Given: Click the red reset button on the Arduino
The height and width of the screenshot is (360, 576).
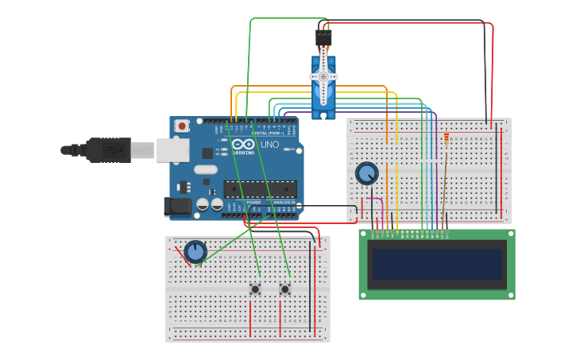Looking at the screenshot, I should [x=182, y=126].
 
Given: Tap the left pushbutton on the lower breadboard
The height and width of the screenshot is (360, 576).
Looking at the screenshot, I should [x=255, y=289].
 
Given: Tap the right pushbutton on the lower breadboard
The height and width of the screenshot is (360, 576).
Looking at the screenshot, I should [x=284, y=289].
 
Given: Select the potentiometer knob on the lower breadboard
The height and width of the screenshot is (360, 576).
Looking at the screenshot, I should [x=195, y=252].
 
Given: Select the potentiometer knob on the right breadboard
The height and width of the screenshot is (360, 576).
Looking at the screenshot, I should [x=366, y=173].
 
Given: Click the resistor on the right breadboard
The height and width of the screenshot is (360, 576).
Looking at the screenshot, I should [x=446, y=140].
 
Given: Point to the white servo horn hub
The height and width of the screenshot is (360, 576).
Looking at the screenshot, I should [x=323, y=77].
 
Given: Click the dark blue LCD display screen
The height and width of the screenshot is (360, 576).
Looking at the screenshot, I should [x=437, y=265].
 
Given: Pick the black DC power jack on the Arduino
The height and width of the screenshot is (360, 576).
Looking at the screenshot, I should [x=179, y=207].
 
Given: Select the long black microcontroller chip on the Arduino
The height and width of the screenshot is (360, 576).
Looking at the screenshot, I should [x=260, y=189].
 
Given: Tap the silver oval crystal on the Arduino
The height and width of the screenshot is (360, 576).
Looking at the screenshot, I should [x=205, y=169].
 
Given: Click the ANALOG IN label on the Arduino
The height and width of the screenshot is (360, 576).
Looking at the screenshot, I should [x=284, y=203].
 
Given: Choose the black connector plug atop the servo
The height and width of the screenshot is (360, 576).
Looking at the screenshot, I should [x=323, y=38].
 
